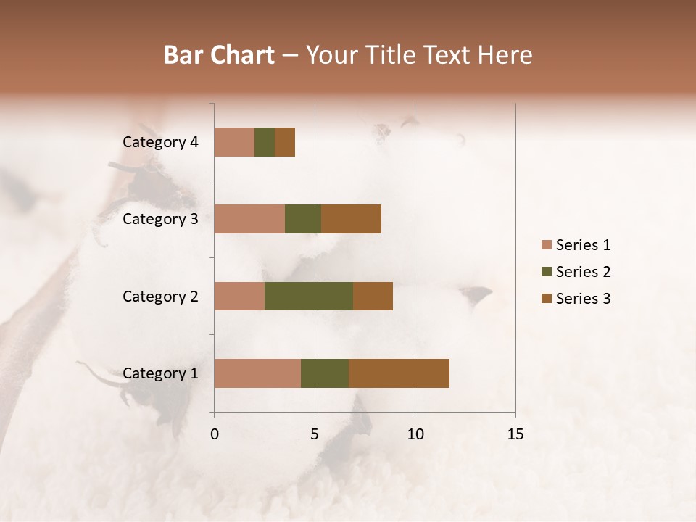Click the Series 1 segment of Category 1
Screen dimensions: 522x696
click(257, 373)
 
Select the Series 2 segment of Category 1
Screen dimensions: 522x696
click(325, 373)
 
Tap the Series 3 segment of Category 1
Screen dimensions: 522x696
click(399, 373)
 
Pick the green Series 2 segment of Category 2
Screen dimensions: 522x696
click(309, 296)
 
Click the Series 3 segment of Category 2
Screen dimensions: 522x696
click(373, 296)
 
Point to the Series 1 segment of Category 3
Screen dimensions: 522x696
click(249, 219)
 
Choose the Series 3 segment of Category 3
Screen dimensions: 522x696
click(351, 219)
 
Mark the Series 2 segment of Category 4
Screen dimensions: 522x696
click(265, 142)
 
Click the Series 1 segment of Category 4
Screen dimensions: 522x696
click(234, 142)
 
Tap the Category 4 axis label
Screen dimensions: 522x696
click(160, 142)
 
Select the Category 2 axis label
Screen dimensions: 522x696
click(160, 296)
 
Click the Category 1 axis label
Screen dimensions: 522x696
click(160, 373)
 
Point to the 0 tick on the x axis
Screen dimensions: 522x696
click(215, 434)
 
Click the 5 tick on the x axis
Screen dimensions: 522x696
click(315, 434)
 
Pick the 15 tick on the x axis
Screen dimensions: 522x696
click(515, 434)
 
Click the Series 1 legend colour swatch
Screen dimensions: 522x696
click(546, 245)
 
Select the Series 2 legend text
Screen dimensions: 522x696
click(583, 272)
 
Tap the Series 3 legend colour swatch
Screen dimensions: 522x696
click(546, 299)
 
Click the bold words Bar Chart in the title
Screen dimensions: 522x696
click(219, 55)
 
